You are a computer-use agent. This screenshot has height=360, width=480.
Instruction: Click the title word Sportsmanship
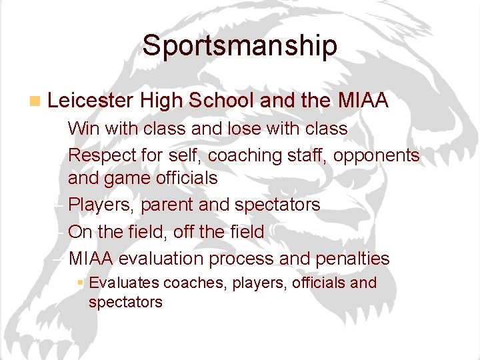(x=239, y=45)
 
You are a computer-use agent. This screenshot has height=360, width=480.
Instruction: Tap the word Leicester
(x=91, y=101)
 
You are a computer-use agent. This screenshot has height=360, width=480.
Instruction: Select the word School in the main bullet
(x=221, y=101)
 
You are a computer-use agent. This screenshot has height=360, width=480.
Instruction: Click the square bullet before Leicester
(x=35, y=101)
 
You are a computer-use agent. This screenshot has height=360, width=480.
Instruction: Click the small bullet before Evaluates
(x=80, y=283)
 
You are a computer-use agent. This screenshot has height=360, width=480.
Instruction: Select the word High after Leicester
(x=162, y=101)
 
